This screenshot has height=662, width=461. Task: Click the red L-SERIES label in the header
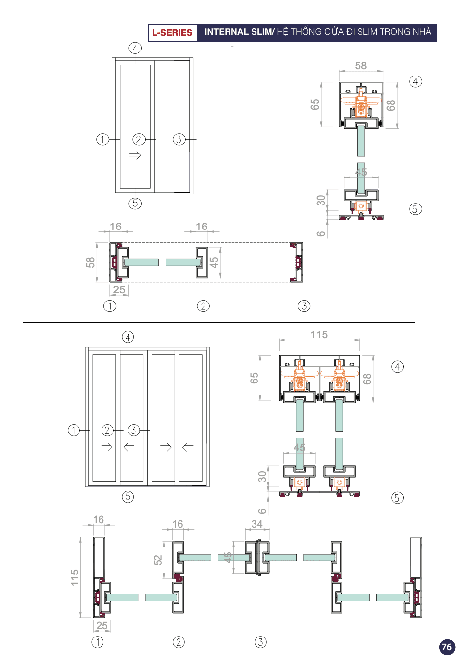point(172,32)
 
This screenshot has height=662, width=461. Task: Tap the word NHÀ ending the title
point(422,31)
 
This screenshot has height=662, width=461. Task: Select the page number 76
point(447,647)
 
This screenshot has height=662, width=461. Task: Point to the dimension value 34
point(257,524)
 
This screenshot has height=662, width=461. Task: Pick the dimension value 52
point(158,560)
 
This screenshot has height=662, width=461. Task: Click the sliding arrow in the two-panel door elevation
point(135,155)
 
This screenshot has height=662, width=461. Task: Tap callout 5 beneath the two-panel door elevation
point(135,203)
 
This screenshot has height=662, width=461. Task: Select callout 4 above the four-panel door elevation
point(128,337)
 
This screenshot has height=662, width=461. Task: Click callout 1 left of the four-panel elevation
point(74,430)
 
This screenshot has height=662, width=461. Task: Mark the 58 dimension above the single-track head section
point(361,65)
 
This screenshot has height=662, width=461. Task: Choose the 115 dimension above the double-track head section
point(319,334)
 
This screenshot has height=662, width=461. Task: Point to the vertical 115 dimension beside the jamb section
point(75,577)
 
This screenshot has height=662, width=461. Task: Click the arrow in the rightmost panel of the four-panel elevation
point(188,447)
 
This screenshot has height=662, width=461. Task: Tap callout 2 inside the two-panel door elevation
point(139,139)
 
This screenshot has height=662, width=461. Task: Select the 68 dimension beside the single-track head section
point(391,105)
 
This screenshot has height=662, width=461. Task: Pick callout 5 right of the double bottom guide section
point(397,498)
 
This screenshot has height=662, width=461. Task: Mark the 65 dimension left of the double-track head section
point(254,378)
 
